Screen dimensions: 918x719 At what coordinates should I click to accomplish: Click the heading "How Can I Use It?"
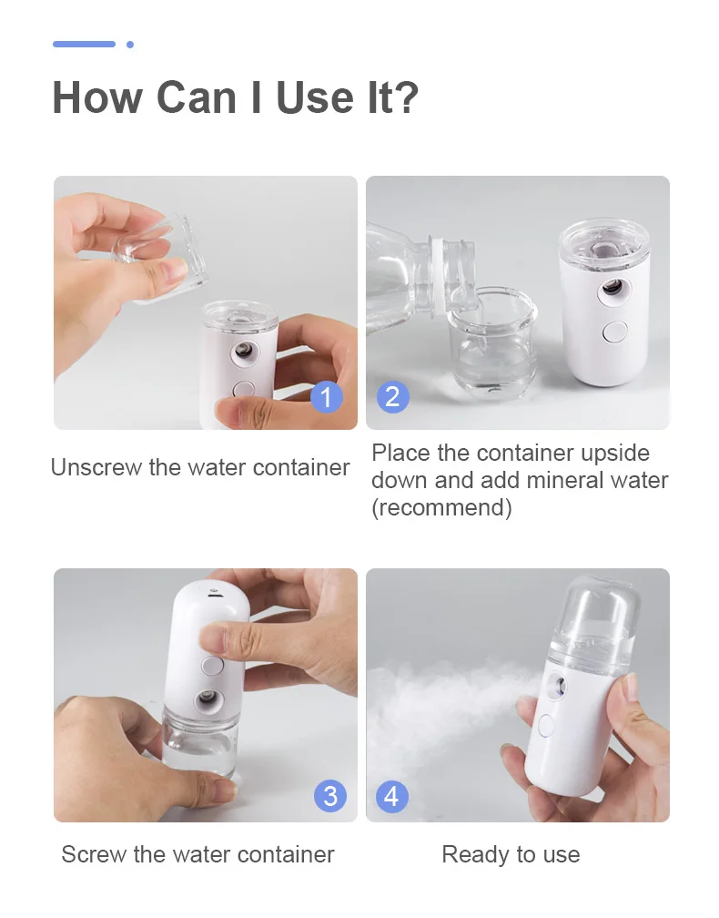tap(235, 97)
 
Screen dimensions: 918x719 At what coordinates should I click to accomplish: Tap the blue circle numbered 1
tap(328, 397)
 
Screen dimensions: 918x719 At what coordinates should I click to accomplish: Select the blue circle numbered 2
tap(392, 397)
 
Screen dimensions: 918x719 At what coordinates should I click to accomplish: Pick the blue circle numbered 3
tap(329, 796)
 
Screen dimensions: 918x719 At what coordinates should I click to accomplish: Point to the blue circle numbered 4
tap(391, 796)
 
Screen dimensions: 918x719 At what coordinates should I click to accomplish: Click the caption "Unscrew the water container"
tap(200, 468)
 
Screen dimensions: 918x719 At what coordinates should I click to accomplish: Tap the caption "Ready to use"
tap(511, 854)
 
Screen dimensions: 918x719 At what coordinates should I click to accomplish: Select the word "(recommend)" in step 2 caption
tap(441, 507)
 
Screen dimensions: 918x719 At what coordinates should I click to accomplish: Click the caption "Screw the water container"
tap(197, 854)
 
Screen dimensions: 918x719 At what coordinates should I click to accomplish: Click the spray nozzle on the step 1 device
tap(245, 351)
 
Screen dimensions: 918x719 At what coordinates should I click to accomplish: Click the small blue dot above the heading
tap(130, 44)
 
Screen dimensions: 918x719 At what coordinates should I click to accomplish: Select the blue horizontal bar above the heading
tap(84, 44)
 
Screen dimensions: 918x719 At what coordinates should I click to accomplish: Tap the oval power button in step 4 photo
tap(546, 726)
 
